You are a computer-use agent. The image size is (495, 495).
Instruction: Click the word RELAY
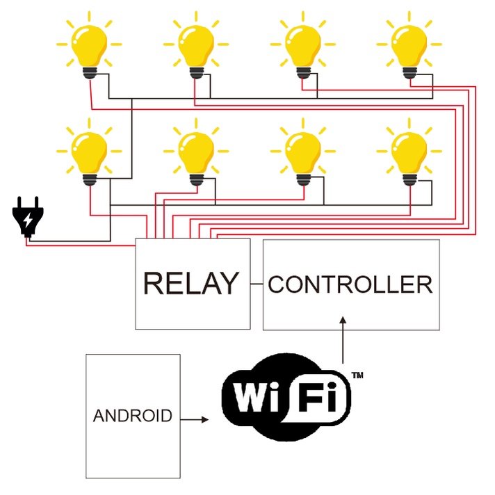pos(190,284)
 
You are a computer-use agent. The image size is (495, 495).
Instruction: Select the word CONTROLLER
pos(350,284)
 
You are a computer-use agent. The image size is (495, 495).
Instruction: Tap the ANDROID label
pos(132,416)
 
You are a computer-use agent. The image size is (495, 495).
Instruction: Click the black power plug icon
pos(27,218)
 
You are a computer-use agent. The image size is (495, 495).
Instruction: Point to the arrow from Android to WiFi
pos(194,419)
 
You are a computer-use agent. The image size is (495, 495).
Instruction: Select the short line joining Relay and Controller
pos(256,284)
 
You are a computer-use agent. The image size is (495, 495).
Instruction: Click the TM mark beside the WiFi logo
pos(357,375)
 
